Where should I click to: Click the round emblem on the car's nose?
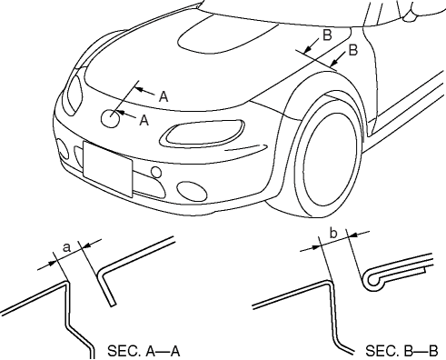(110, 118)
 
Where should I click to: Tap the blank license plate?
(107, 169)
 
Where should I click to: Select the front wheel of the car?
(329, 161)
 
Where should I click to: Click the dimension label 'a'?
(67, 247)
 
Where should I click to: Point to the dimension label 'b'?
(333, 234)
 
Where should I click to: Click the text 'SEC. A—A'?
(144, 351)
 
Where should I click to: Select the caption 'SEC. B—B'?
(401, 351)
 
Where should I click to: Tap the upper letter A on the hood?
(164, 96)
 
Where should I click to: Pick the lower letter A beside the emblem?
(144, 120)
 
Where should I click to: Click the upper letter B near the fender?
(327, 35)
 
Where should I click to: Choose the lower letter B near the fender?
(353, 50)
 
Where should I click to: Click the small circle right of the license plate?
(156, 173)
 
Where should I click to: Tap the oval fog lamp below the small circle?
(193, 191)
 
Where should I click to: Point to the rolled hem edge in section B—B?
(374, 281)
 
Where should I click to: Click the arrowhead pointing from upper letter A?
(139, 89)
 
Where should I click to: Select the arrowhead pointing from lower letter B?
(334, 62)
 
